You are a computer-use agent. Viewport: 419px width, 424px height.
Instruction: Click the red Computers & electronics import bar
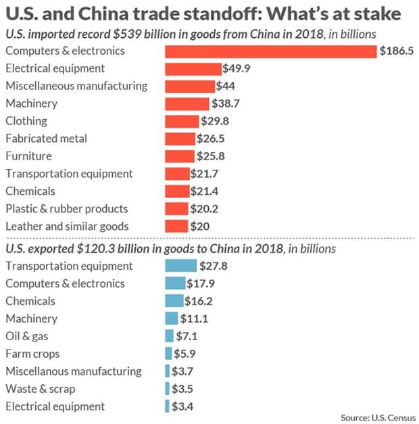pyautogui.click(x=270, y=51)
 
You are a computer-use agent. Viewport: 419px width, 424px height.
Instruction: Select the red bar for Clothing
pyautogui.click(x=182, y=121)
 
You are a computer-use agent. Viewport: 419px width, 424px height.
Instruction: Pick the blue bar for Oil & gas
pyautogui.click(x=169, y=336)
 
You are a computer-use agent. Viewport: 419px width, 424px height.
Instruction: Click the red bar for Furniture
pyautogui.click(x=180, y=156)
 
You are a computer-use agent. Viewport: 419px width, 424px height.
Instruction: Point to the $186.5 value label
pyautogui.click(x=395, y=51)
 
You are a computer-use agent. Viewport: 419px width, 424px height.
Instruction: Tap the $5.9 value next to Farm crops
pyautogui.click(x=187, y=354)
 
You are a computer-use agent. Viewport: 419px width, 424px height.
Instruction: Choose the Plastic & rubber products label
pyautogui.click(x=66, y=209)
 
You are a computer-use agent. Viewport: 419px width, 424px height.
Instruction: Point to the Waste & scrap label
pyautogui.click(x=40, y=389)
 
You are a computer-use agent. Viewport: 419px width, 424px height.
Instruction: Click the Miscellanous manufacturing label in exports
pyautogui.click(x=74, y=371)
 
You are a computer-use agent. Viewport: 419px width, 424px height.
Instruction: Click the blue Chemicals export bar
pyautogui.click(x=174, y=301)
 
